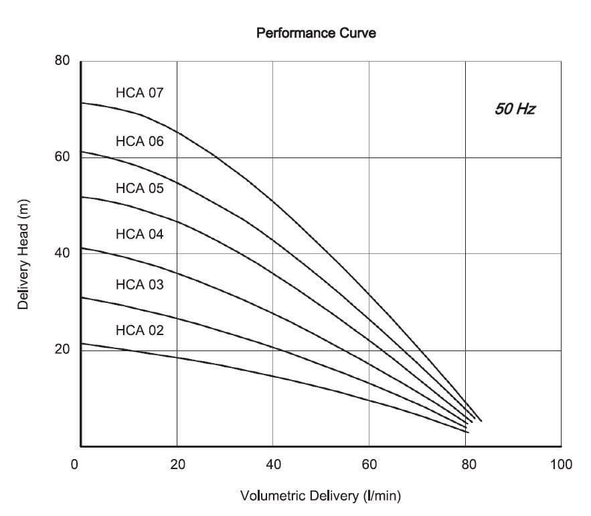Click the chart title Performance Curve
[x=316, y=32]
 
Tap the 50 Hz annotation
[x=515, y=109]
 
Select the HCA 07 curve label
[x=139, y=92]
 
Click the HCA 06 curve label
[x=139, y=141]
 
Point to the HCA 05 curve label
[x=139, y=188]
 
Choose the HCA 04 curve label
[x=139, y=234]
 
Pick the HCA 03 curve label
[x=139, y=285]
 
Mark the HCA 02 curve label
[x=139, y=330]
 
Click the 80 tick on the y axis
[x=62, y=60]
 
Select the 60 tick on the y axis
[x=62, y=157]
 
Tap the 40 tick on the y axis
[x=62, y=253]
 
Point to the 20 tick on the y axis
[x=62, y=350]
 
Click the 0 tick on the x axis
[x=75, y=464]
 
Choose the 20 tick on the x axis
[x=177, y=464]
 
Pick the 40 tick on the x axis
[x=273, y=464]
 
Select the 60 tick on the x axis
[x=369, y=464]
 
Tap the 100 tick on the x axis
[x=561, y=464]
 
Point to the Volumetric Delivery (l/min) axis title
[x=320, y=497]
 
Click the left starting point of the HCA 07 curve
[x=82, y=103]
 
